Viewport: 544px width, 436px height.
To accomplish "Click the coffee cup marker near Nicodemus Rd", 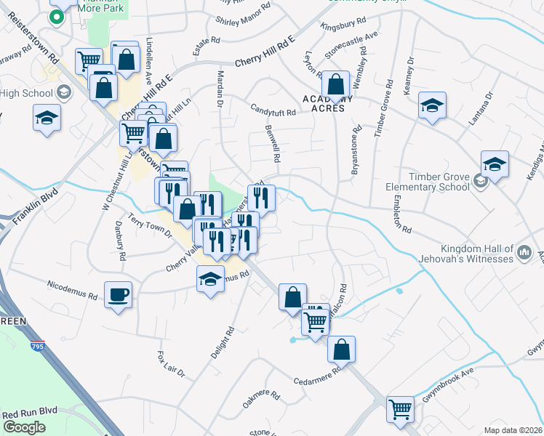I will point(118,294).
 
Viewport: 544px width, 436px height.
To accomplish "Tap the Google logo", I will point(24,427).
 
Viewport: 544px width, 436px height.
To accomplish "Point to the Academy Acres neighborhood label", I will point(327,103).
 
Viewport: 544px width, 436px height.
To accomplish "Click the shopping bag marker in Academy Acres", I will point(337,85).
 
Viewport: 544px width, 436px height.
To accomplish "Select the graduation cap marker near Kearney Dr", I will point(432,107).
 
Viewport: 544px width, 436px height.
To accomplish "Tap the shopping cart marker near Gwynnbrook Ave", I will point(400,409).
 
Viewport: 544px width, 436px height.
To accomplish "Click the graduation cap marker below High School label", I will point(47,118).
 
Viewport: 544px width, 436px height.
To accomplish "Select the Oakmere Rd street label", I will point(261,399).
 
